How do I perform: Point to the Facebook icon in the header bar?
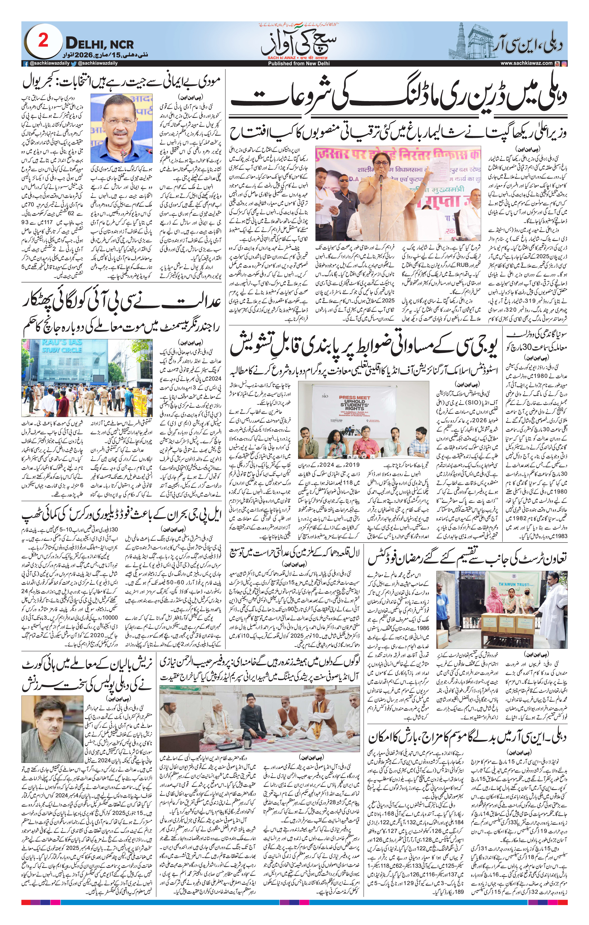26,64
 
